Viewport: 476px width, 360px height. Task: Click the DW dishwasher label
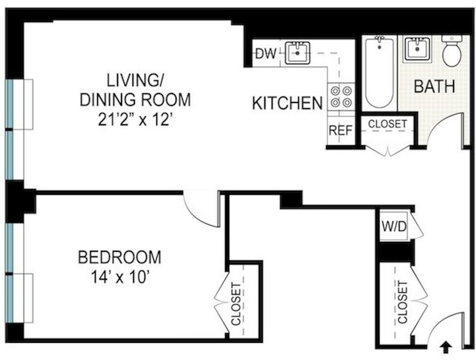266,54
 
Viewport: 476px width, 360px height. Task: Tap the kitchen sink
297,53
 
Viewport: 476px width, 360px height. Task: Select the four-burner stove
341,96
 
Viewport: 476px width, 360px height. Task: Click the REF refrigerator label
340,130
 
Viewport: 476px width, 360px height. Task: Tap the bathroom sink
417,49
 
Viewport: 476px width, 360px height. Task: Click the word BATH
434,87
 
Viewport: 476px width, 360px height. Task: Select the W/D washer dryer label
394,227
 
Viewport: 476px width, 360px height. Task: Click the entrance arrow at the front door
445,348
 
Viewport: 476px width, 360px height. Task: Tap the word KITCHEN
287,103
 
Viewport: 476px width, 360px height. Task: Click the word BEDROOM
120,257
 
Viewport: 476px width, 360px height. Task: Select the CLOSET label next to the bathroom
387,124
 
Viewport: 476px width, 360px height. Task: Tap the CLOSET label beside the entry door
402,302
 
